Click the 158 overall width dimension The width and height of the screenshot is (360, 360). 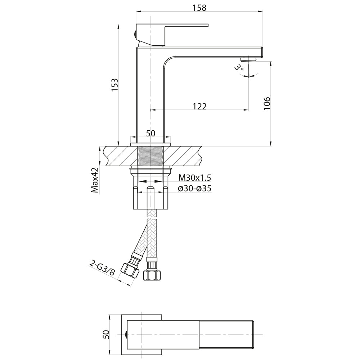(199, 8)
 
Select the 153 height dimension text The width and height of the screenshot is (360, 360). (114, 85)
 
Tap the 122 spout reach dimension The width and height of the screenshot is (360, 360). (199, 106)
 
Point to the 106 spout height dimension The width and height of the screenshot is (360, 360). (267, 103)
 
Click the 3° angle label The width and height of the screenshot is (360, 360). (239, 68)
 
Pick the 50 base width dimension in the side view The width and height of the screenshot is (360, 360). (150, 133)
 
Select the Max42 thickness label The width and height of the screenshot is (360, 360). (95, 180)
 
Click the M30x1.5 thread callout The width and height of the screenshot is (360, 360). (195, 178)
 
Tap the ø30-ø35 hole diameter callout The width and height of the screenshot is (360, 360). (195, 189)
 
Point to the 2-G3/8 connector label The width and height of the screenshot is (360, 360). (102, 268)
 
